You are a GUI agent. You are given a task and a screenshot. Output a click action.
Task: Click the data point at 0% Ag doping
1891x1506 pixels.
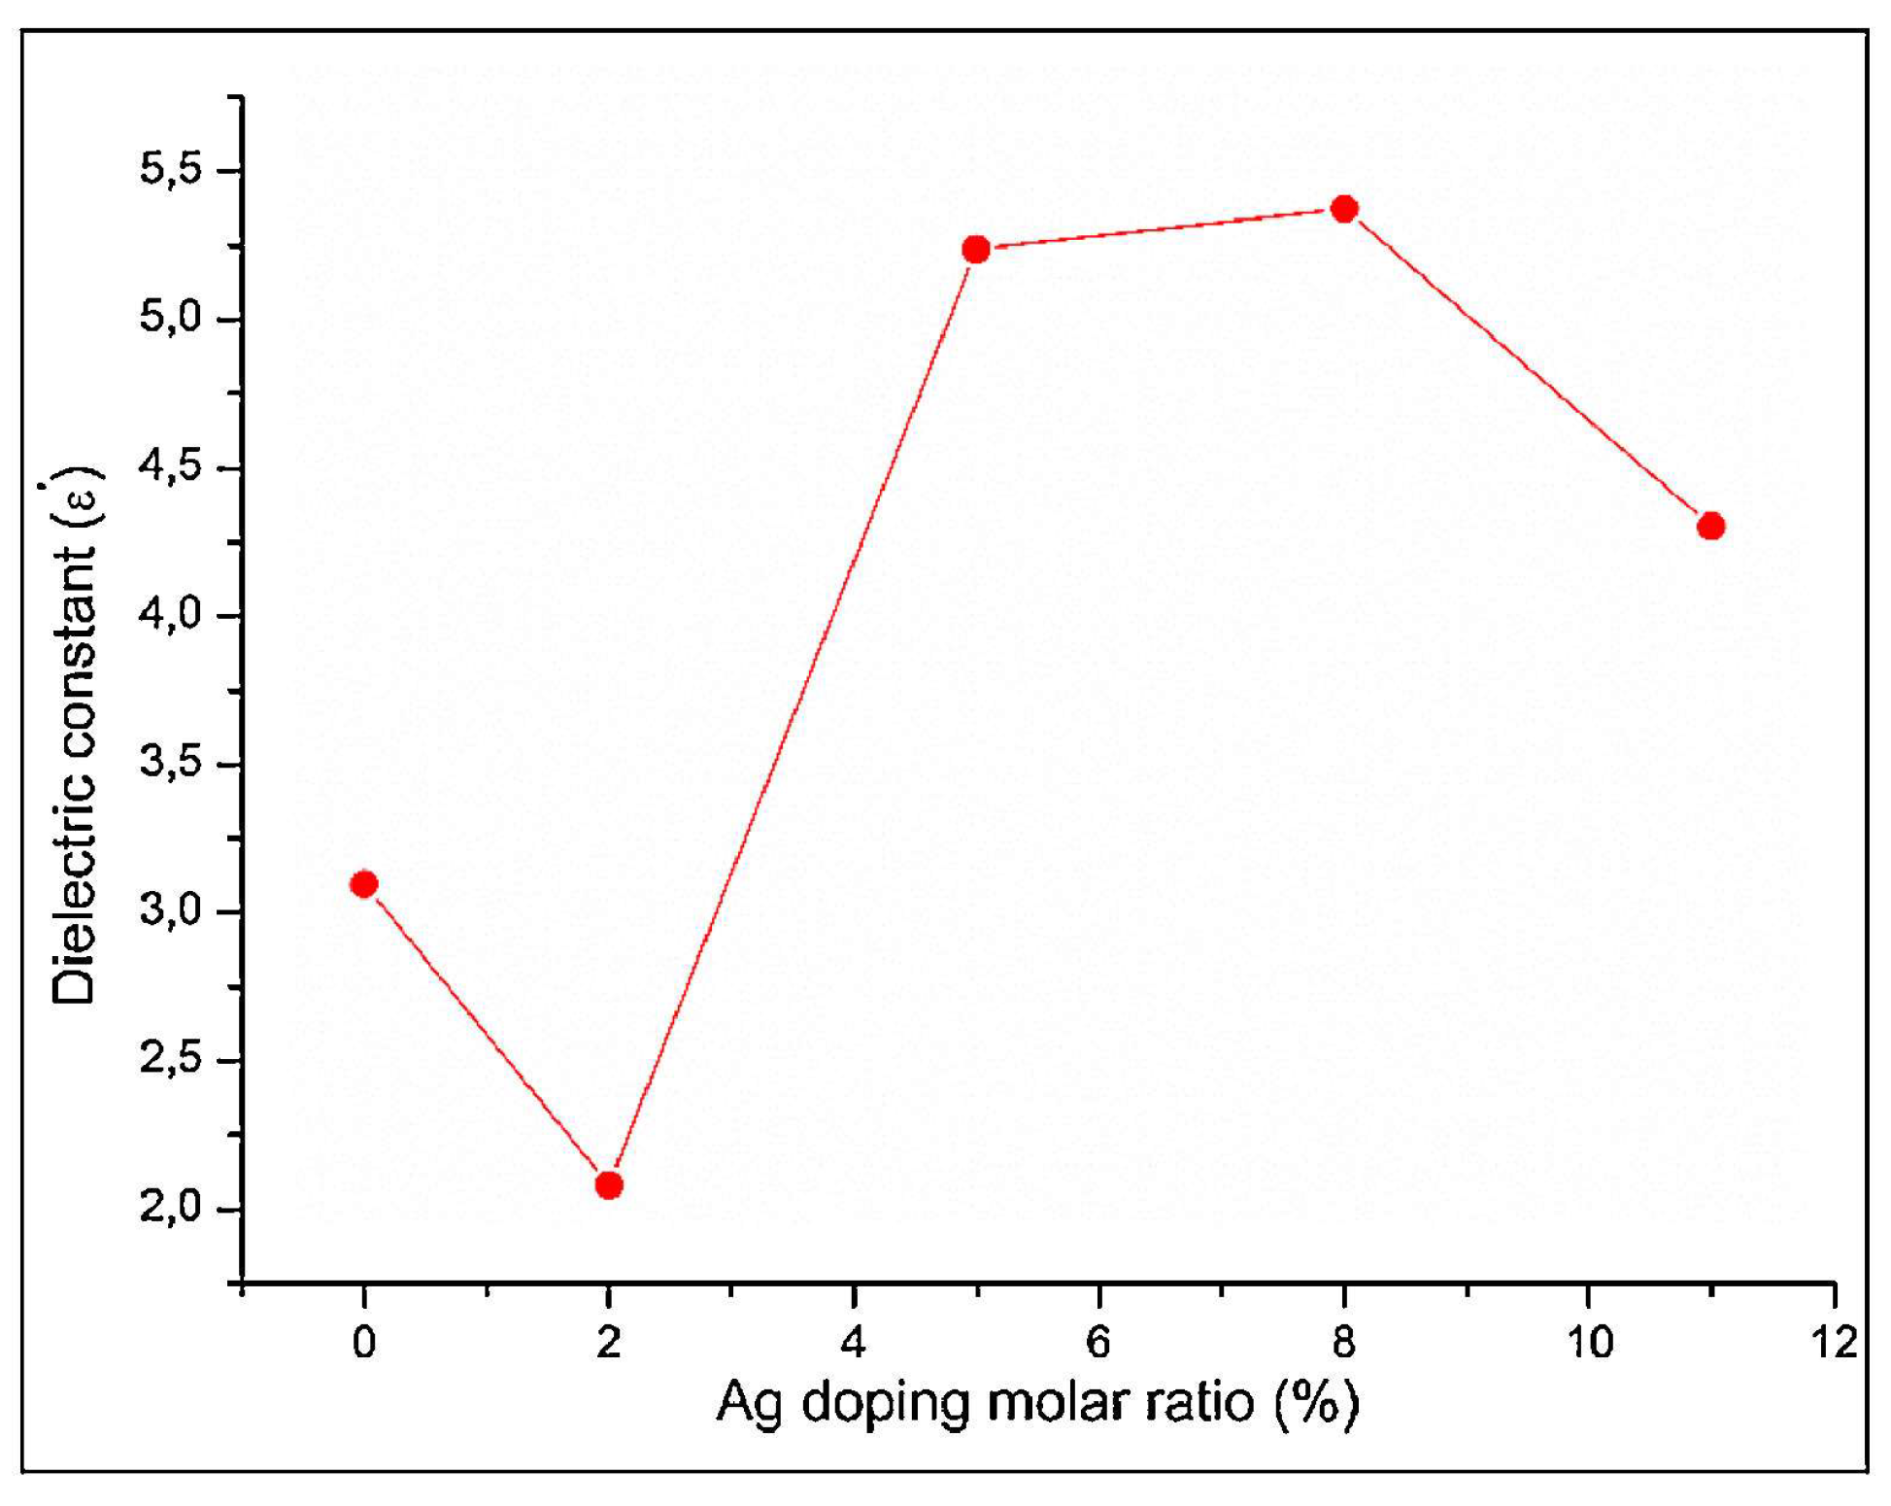coord(364,883)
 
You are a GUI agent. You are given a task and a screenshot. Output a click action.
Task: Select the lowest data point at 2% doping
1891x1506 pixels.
coord(609,1185)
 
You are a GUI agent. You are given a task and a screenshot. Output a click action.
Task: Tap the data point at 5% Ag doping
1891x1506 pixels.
coord(976,250)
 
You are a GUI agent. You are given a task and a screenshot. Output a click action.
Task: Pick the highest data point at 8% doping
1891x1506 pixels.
coord(1344,209)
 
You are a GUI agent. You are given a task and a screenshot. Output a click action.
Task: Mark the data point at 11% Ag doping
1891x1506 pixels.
coord(1711,526)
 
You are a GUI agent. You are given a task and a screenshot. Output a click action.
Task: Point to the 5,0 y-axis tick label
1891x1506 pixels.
coord(171,319)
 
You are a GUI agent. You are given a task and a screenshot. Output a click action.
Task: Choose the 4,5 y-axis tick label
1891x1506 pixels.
coord(171,468)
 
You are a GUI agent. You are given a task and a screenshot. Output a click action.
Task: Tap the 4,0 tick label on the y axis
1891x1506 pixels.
coord(171,616)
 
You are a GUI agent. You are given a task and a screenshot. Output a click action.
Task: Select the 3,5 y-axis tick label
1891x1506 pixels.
coord(171,765)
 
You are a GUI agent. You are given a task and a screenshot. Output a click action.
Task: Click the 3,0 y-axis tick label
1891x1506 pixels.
coord(171,912)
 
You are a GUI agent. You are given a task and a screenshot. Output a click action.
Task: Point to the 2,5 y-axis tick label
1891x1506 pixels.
coord(171,1061)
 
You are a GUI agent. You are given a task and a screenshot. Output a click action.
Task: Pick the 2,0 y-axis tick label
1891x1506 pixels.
coord(171,1209)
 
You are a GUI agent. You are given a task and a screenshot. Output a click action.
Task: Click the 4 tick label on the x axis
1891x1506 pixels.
coord(854,1343)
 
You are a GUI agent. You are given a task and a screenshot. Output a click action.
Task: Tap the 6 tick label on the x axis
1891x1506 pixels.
coord(1098,1343)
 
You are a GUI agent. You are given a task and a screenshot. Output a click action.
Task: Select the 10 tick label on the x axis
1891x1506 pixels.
coord(1589,1343)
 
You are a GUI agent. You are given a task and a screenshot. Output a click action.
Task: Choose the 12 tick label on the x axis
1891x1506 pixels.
coord(1834,1343)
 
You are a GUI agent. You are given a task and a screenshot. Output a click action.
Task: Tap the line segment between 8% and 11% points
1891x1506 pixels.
coord(1528,367)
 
